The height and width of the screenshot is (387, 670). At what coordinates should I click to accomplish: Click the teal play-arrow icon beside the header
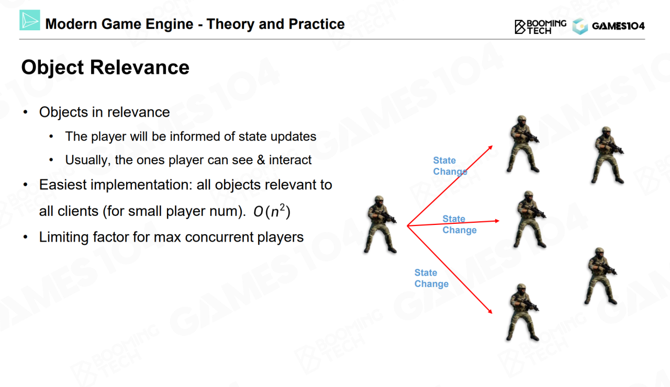pos(30,20)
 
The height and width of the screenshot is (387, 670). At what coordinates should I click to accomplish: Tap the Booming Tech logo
pos(540,27)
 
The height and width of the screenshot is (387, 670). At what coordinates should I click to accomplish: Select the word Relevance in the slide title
pos(140,67)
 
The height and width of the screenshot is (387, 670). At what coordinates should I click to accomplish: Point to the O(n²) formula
pos(272,211)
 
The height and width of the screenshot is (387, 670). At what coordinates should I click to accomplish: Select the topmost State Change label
pos(450,166)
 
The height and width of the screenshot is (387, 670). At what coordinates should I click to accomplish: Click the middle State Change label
pos(460,224)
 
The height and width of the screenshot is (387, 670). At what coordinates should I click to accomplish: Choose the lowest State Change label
pos(431,278)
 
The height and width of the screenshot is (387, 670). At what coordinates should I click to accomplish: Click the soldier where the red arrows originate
pos(380,224)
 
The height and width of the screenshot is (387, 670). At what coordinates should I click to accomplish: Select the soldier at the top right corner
pos(607,155)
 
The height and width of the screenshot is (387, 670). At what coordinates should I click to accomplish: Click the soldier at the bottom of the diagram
pos(522,312)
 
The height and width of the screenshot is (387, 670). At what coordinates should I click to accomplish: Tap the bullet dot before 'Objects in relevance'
pos(26,112)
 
